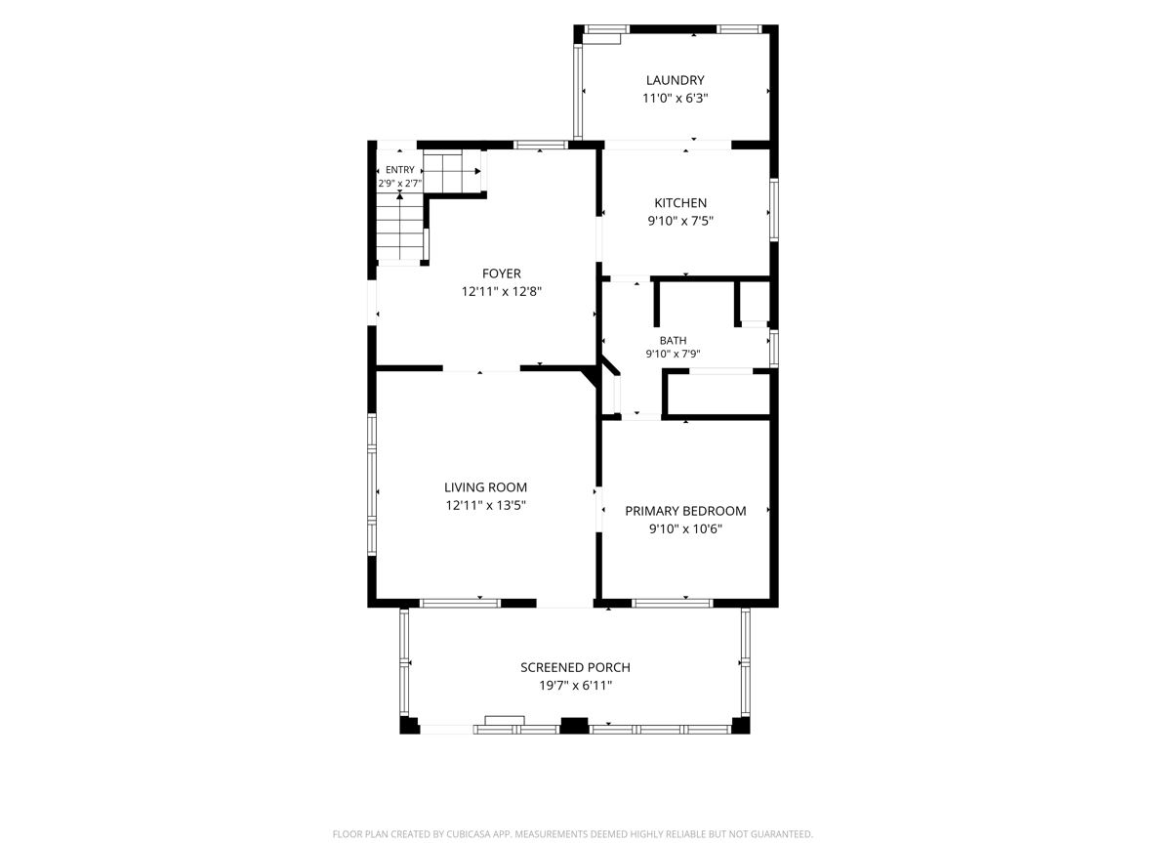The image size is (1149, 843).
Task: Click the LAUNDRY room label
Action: [x=675, y=80]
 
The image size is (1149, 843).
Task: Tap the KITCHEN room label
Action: [x=680, y=203]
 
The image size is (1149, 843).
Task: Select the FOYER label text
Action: [x=501, y=274]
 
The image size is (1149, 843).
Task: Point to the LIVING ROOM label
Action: [x=485, y=487]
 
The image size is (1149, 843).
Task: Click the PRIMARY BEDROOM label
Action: [x=685, y=511]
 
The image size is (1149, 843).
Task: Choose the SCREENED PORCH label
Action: [x=575, y=668]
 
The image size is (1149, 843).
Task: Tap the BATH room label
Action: [x=673, y=340]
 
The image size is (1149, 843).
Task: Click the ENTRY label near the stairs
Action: [x=399, y=170]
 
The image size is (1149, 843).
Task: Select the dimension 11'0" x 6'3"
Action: [x=675, y=99]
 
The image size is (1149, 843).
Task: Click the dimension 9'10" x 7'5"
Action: [x=680, y=221]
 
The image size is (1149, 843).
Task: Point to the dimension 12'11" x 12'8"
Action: [x=501, y=292]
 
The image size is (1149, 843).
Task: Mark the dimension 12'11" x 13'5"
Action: [x=485, y=505]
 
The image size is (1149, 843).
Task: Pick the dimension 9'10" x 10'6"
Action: [x=685, y=528]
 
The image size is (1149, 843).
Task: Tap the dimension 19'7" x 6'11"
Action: [x=575, y=686]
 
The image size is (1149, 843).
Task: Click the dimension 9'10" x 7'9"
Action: [x=673, y=354]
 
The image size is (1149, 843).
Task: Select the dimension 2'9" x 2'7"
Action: [x=399, y=184]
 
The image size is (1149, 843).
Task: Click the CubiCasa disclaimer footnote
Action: [x=572, y=834]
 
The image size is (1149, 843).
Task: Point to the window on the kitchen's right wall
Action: [x=774, y=209]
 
